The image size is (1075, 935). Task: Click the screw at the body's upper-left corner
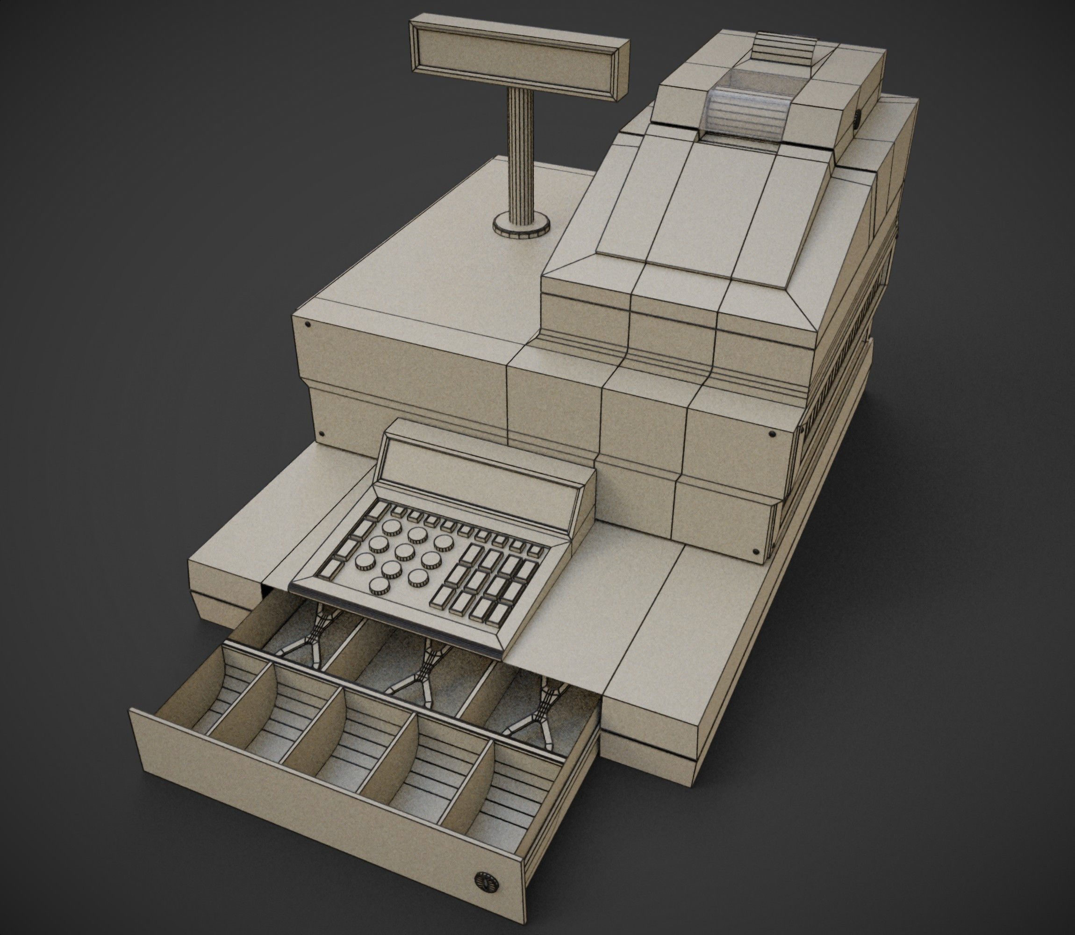click(x=307, y=324)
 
